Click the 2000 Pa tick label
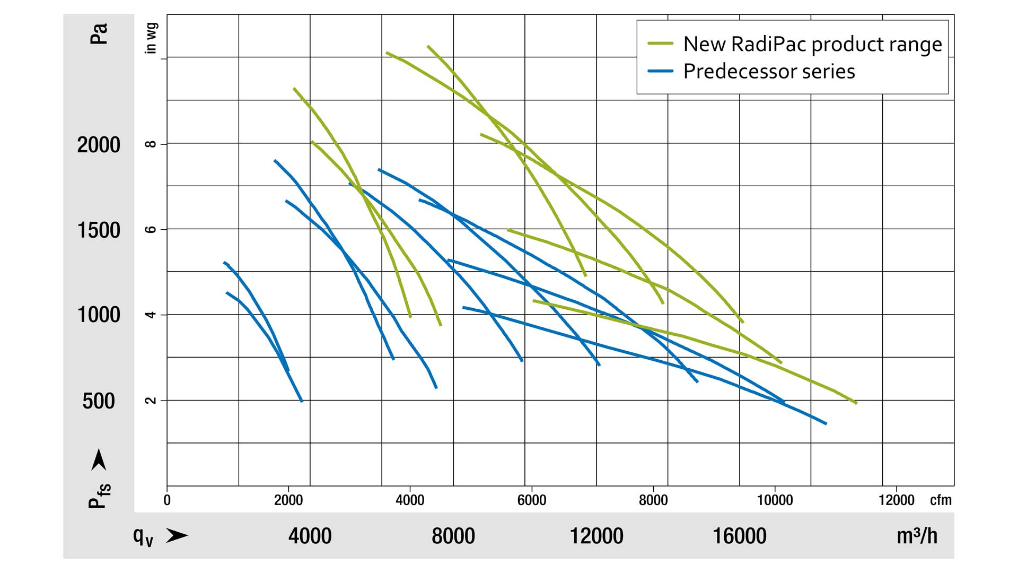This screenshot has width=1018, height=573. point(99,145)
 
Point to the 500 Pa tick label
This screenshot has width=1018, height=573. point(99,401)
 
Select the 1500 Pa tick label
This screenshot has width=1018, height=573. point(99,230)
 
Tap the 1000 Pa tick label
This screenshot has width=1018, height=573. point(99,315)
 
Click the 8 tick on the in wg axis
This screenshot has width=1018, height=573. point(151,144)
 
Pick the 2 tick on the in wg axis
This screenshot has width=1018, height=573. point(151,401)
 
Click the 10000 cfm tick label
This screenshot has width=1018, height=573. point(775,500)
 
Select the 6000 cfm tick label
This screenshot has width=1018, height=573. point(531,500)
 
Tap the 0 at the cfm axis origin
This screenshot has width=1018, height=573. point(167,500)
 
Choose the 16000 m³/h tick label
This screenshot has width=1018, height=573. point(739,536)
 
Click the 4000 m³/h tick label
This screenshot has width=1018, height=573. point(310,536)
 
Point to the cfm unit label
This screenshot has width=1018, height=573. point(941,500)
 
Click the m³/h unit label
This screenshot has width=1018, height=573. point(917,536)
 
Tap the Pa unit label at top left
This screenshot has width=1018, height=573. point(99,33)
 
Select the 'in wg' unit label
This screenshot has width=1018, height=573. point(151,38)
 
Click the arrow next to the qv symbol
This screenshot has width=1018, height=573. point(177,536)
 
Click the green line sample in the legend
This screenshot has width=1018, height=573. point(660,44)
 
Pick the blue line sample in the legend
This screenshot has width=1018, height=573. point(660,71)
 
